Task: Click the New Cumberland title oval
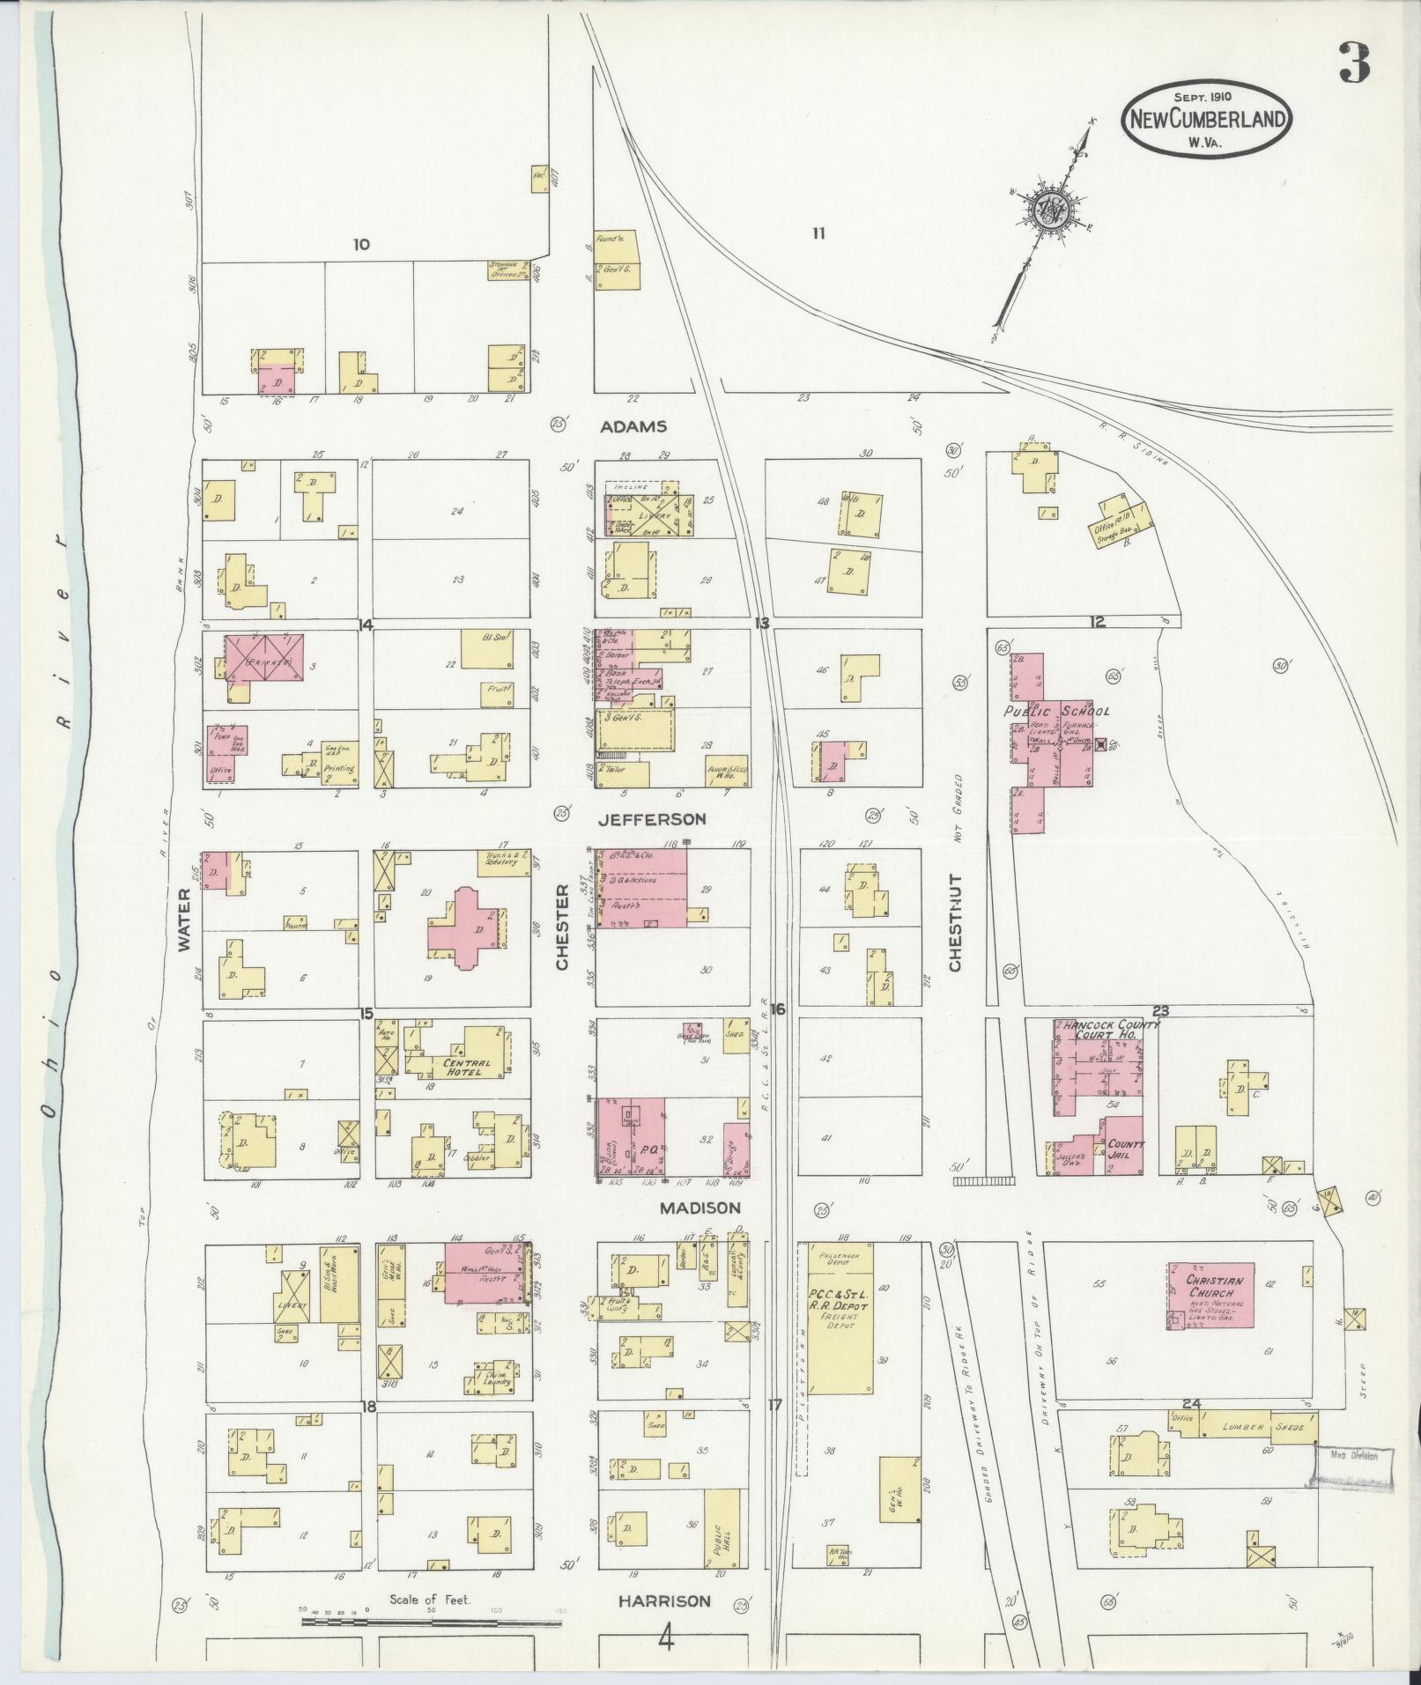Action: (x=1206, y=120)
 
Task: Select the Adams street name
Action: (x=633, y=426)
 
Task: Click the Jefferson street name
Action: (x=651, y=819)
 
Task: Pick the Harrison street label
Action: (x=651, y=1600)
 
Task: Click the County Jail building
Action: (x=1124, y=1146)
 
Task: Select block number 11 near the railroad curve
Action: (x=818, y=233)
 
